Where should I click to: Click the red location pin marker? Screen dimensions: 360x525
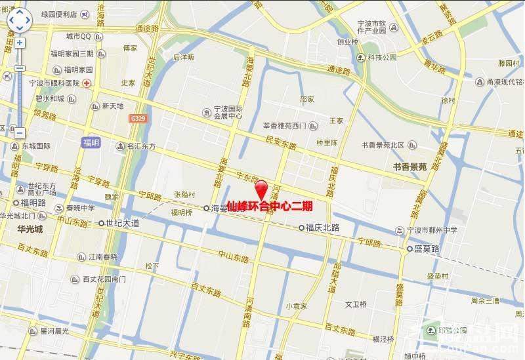(x=262, y=188)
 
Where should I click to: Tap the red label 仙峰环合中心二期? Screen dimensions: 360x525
(x=269, y=206)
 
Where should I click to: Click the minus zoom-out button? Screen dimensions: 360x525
(x=20, y=132)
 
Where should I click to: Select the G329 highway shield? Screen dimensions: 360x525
(x=137, y=119)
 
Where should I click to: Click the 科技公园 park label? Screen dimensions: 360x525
(x=382, y=58)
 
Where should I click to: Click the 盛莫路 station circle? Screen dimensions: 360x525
(x=408, y=250)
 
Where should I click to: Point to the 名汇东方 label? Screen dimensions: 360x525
(x=141, y=146)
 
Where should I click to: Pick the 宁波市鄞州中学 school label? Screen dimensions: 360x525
(x=430, y=230)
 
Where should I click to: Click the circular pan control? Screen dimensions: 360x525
(x=20, y=21)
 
